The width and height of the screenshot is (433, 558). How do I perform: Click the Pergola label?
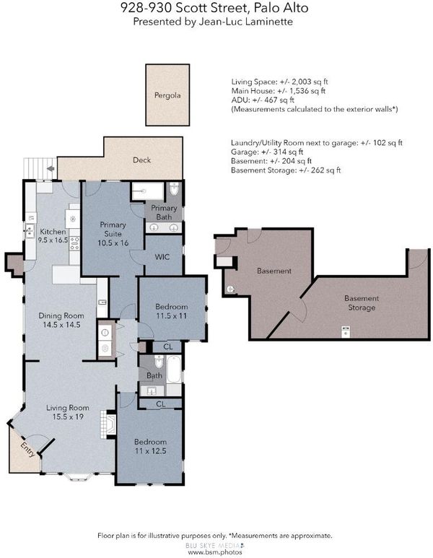[x=167, y=96]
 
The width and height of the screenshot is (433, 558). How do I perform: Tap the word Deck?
[x=141, y=160]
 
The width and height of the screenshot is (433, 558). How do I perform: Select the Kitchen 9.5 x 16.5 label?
[x=53, y=235]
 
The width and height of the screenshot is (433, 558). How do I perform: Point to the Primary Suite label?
[x=113, y=234]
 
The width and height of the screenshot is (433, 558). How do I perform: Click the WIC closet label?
[x=162, y=257]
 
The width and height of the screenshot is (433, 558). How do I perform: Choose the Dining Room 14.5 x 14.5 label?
[x=61, y=320]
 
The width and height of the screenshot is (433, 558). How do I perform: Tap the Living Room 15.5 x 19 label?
[x=68, y=412]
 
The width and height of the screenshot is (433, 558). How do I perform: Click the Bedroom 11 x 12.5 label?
[x=150, y=446]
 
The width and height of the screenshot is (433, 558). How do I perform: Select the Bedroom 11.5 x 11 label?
[x=172, y=311]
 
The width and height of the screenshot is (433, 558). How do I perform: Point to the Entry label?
[x=28, y=450]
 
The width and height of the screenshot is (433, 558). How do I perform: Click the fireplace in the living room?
[x=108, y=424]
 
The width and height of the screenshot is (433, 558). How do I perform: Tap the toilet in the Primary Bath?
[x=174, y=188]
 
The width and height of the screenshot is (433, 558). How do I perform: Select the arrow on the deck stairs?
[x=51, y=168]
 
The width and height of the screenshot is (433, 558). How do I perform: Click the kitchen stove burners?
[x=75, y=243]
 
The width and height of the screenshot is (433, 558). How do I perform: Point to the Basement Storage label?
[x=362, y=303]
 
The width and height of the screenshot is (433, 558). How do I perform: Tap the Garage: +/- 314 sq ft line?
[x=267, y=152]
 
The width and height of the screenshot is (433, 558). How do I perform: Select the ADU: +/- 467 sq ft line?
[x=263, y=100]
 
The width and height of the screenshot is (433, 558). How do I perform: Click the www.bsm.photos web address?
[x=214, y=552]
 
